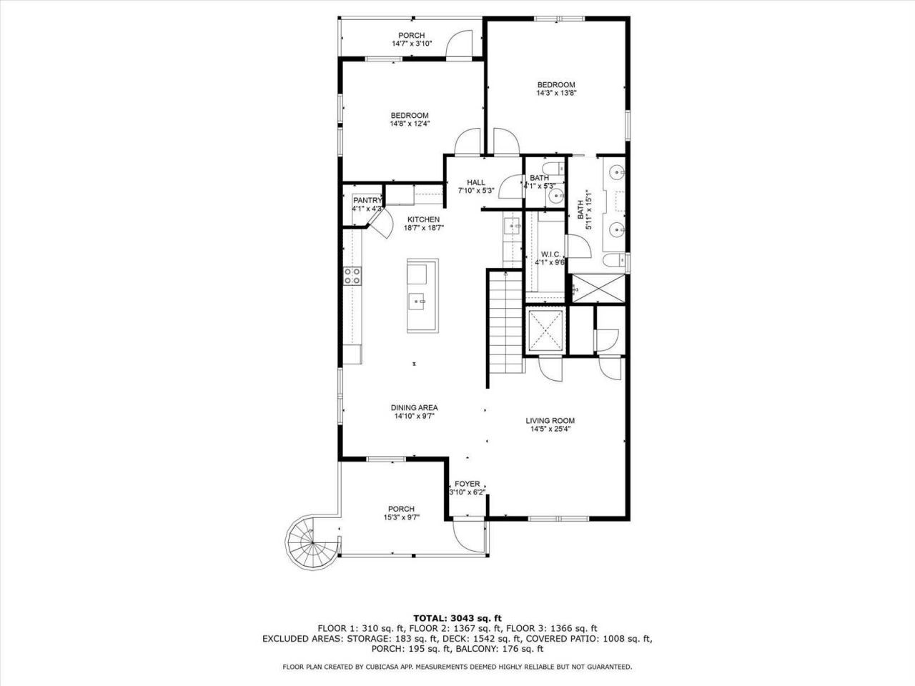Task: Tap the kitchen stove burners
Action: click(x=352, y=276)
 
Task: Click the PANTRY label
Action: click(x=367, y=200)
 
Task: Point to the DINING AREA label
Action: click(x=414, y=407)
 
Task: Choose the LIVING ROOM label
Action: click(x=550, y=421)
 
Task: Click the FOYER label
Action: click(x=468, y=484)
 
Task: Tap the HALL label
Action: click(x=476, y=182)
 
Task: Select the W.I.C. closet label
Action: click(x=550, y=254)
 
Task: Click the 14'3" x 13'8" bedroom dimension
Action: click(x=556, y=93)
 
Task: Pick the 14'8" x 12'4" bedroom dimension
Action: click(x=409, y=124)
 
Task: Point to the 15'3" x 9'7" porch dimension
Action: click(x=401, y=517)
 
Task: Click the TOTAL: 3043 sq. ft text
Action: click(x=457, y=617)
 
